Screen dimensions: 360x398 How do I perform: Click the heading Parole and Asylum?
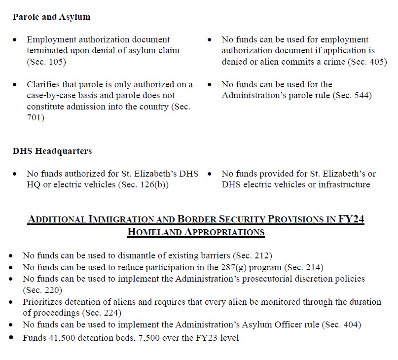[52, 17]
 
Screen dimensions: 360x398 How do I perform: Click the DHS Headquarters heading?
[52, 151]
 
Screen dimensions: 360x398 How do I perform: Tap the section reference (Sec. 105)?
[46, 62]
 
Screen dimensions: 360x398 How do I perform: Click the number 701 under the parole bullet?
[36, 118]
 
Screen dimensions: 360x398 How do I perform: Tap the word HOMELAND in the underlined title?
[153, 232]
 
